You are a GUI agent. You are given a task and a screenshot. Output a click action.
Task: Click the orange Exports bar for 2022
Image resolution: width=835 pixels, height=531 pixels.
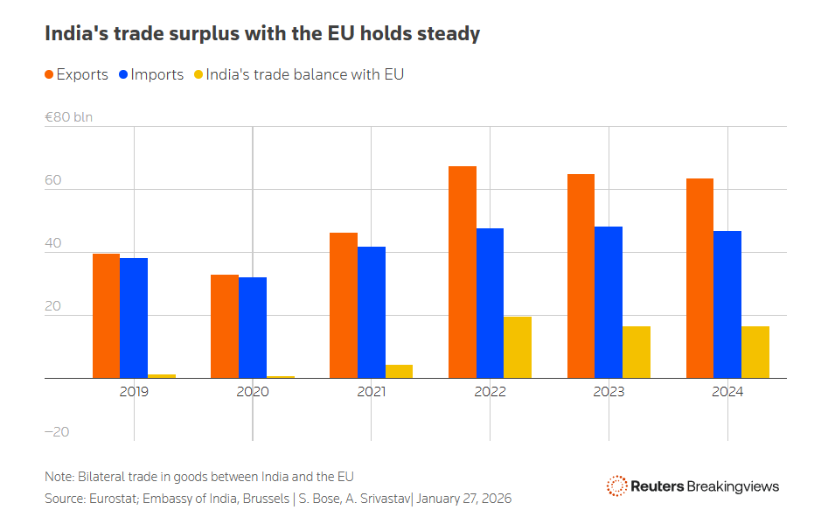(463, 272)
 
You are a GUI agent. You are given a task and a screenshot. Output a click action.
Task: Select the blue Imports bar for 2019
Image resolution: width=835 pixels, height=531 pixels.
(134, 318)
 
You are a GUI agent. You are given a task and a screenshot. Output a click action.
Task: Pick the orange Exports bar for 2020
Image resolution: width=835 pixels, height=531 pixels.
(225, 326)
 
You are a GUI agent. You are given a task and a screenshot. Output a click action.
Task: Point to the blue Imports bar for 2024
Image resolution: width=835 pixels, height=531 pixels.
(727, 304)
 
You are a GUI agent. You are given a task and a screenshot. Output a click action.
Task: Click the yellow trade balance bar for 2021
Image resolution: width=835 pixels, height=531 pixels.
(399, 371)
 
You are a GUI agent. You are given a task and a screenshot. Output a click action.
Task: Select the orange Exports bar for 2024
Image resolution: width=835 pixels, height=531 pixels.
(699, 278)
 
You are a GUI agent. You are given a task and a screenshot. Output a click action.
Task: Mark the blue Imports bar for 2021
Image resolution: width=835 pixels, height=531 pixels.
(372, 312)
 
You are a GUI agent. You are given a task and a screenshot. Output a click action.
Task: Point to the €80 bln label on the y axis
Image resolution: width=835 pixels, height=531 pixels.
(68, 116)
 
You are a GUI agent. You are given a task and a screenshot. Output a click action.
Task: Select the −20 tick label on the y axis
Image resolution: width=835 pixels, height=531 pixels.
(57, 432)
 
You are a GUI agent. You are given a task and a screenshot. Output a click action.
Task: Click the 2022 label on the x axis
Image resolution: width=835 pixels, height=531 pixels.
(490, 392)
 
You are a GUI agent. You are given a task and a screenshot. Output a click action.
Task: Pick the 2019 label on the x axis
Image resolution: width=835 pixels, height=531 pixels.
(134, 392)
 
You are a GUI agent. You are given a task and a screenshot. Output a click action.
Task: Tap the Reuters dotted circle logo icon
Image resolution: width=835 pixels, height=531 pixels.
(616, 486)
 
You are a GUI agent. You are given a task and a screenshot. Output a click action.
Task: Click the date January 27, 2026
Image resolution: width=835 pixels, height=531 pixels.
(463, 499)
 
